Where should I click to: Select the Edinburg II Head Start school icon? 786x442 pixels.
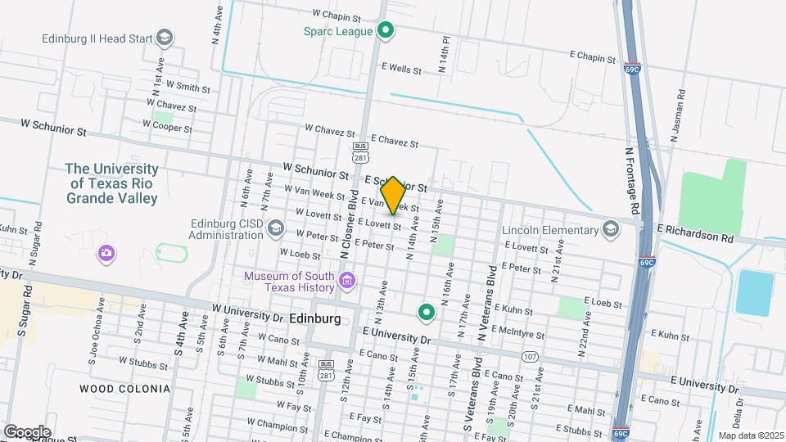coord(165,38)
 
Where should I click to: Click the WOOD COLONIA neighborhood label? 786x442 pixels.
coord(125,388)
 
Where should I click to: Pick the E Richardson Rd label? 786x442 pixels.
coord(695,237)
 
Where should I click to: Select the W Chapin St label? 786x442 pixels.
coord(337,16)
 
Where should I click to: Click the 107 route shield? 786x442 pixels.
coord(531,357)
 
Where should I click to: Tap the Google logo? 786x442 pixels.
coord(27,431)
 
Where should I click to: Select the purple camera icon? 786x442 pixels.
coord(106,253)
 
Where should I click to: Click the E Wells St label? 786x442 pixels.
coord(400,70)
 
